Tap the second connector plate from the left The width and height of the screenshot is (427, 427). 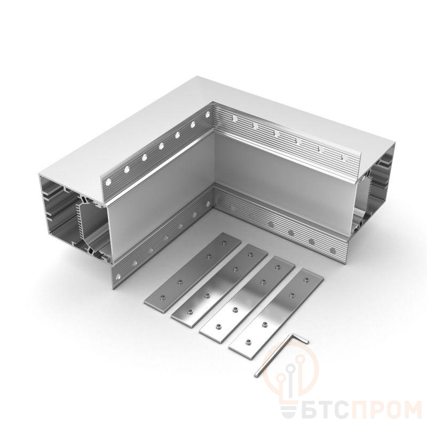[x=220, y=286]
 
